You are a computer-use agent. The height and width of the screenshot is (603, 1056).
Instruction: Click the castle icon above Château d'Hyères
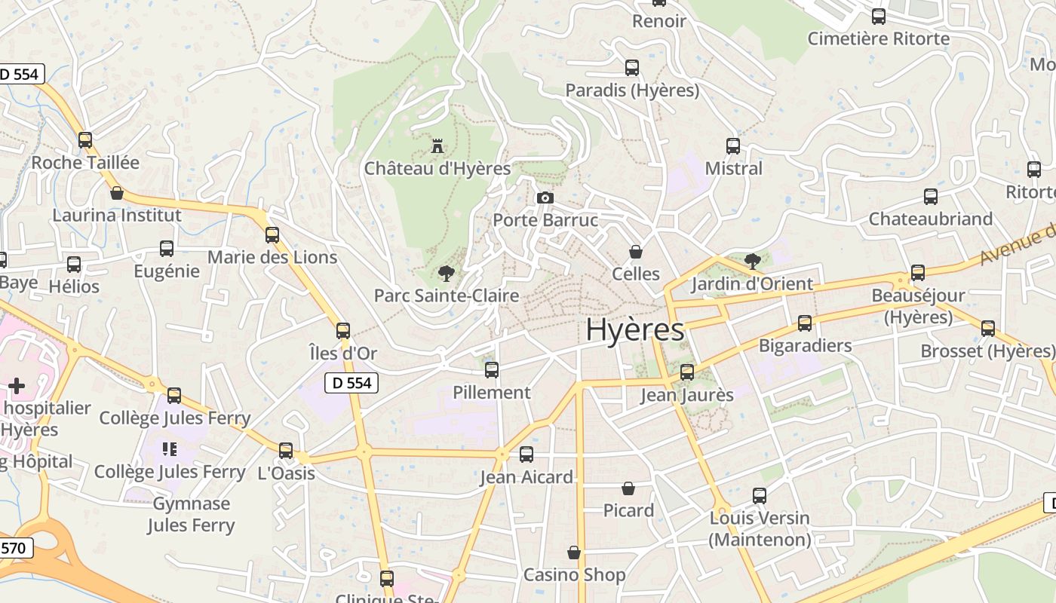437,145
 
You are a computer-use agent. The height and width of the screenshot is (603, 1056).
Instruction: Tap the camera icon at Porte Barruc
545,198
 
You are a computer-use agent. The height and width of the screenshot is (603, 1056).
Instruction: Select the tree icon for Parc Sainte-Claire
447,273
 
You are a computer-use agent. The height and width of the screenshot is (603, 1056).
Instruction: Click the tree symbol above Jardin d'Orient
752,262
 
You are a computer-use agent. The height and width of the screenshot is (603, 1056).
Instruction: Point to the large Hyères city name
634,329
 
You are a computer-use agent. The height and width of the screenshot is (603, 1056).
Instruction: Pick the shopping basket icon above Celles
636,251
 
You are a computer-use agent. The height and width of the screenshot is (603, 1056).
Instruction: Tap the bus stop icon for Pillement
492,370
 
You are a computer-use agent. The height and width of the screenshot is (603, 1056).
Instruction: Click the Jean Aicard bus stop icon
526,455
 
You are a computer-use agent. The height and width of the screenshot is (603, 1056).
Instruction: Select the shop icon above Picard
628,488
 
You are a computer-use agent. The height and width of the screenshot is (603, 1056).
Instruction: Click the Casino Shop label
574,575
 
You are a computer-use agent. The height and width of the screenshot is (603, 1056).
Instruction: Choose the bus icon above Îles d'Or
343,330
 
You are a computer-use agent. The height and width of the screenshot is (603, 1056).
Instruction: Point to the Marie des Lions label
272,257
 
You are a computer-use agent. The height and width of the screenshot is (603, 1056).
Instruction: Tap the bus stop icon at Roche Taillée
85,140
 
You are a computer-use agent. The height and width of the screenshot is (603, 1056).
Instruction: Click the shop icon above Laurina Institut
117,193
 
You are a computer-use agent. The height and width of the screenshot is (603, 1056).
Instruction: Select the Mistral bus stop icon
733,146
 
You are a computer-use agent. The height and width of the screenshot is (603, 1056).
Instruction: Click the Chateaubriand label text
930,219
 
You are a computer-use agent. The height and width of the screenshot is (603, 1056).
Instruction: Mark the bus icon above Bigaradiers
805,323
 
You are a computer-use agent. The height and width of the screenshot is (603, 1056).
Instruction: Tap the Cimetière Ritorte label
878,38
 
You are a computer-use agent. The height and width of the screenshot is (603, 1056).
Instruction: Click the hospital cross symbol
17,387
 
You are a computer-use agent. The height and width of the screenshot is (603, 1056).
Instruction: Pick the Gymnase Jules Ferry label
191,514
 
